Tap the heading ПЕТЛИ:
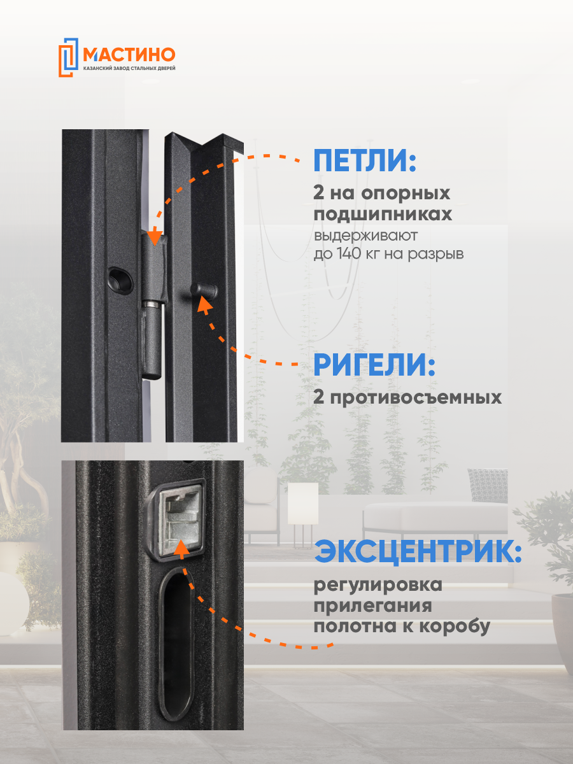[x=364, y=161]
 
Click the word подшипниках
[x=383, y=215]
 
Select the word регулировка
[x=378, y=584]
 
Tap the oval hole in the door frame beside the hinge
[x=119, y=276]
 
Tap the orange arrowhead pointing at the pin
[x=204, y=304]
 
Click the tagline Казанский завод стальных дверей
[x=129, y=68]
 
